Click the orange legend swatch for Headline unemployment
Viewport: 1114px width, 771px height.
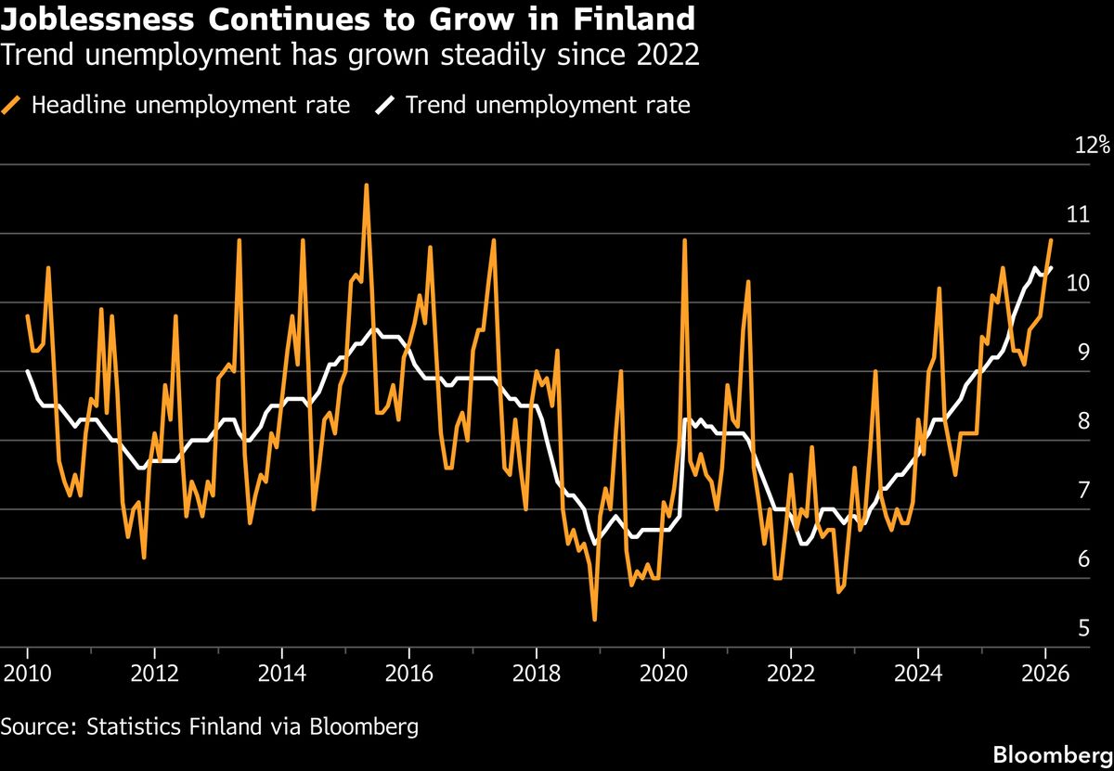[13, 105]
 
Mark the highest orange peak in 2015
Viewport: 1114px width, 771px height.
[366, 185]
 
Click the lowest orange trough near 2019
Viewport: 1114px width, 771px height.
[594, 619]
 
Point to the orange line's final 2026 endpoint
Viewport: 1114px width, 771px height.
[1051, 240]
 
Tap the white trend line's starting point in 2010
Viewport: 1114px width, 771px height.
[28, 371]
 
